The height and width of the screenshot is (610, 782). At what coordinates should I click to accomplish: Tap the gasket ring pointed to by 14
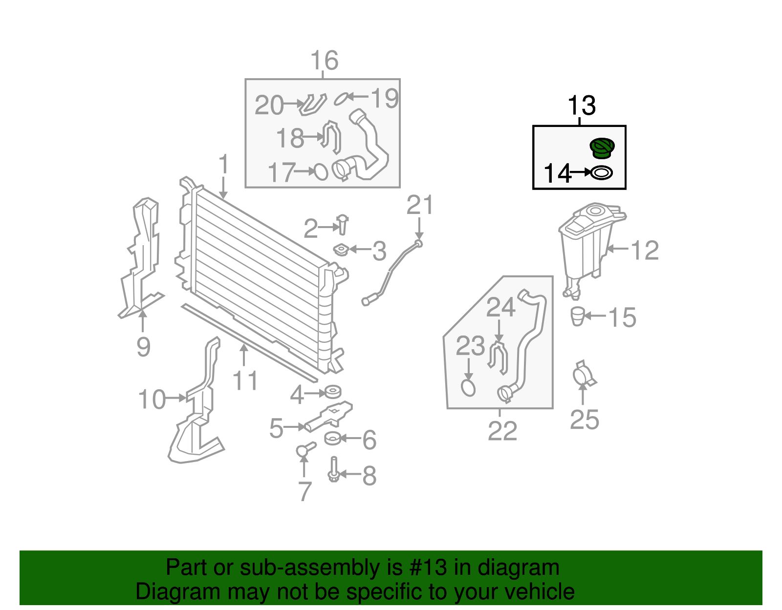coord(602,173)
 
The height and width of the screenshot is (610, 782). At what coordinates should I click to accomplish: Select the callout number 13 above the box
coord(582,105)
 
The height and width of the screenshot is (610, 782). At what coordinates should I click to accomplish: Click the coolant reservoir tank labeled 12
coord(586,244)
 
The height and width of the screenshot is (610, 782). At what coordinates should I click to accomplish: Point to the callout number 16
coord(324,61)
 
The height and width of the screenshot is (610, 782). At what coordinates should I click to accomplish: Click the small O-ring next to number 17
coord(321,171)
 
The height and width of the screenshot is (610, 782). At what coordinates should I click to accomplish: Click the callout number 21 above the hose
coord(420,205)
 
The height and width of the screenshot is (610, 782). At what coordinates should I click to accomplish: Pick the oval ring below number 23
coord(468,388)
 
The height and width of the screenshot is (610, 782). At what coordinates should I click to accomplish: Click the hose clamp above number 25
coord(583,375)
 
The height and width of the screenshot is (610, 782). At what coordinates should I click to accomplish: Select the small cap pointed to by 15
coord(578,316)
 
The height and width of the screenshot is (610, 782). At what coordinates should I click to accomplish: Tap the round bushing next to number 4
coord(333,392)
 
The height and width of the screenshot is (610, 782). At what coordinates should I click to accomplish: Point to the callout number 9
coord(143,347)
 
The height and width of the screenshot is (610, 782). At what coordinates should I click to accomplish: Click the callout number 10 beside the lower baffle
coord(152,400)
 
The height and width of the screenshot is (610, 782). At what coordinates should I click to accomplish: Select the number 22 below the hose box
coord(502,431)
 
